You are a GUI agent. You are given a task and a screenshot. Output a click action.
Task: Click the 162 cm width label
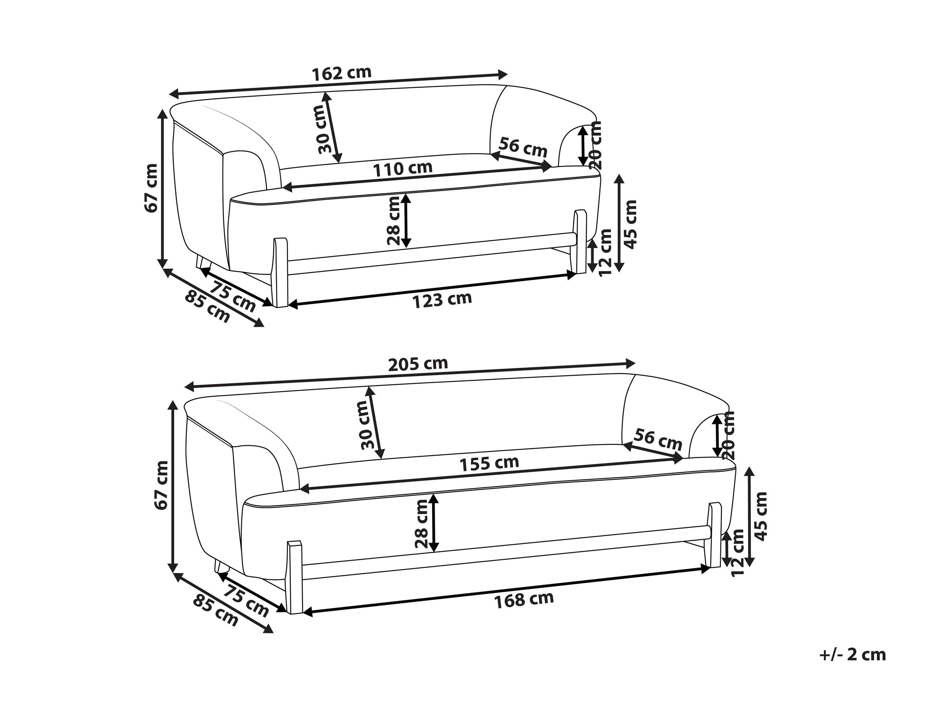pos(341,73)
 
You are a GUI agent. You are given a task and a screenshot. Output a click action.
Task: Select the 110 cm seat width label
pos(402,168)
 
